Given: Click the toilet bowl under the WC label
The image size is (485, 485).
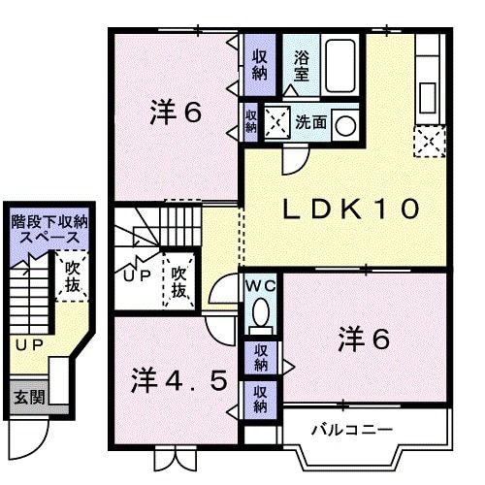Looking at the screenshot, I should [260, 311].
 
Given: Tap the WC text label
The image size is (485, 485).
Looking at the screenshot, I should [259, 286].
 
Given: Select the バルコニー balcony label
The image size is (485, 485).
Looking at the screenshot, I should [351, 428].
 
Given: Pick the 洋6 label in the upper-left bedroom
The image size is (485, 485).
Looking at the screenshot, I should [176, 113].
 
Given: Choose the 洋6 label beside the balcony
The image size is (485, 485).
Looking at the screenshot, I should [364, 339].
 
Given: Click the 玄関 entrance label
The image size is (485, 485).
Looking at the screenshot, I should [26, 397].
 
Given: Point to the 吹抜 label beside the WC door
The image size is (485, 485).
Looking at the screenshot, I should [178, 275].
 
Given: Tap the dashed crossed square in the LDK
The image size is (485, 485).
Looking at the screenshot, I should [427, 144].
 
